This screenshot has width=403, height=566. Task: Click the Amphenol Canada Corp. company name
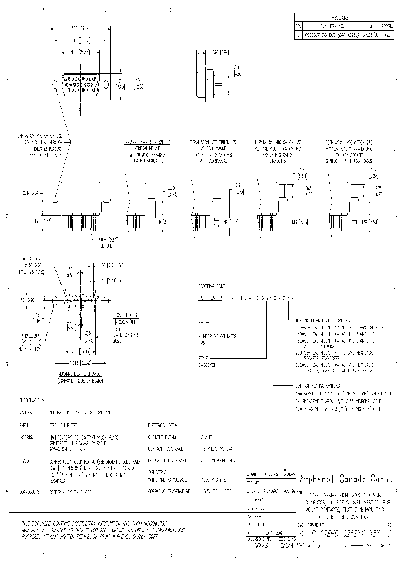click(347, 479)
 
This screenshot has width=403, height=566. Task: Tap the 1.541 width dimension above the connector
click(79, 27)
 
